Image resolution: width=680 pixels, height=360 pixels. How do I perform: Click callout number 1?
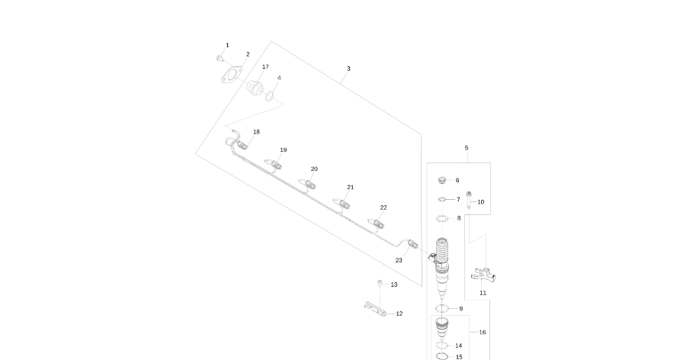[226, 46]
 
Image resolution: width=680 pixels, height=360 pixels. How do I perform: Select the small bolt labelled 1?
[220, 57]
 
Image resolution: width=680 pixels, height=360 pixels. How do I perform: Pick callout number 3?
[348, 69]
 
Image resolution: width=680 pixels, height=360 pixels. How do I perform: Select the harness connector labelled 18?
[242, 144]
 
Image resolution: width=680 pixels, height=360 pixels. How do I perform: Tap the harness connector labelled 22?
[377, 223]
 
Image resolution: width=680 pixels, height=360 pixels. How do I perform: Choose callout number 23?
[399, 260]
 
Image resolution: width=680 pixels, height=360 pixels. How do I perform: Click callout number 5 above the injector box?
[467, 148]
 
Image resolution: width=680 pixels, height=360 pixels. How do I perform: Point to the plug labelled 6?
[441, 181]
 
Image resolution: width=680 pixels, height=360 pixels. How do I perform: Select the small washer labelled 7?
[443, 200]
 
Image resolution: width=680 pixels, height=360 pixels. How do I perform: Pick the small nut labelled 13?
[380, 284]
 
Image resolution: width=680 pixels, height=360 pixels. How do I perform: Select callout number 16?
[482, 333]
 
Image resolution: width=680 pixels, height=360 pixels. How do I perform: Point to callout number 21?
[351, 187]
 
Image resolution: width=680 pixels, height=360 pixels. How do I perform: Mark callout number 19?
[283, 150]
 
